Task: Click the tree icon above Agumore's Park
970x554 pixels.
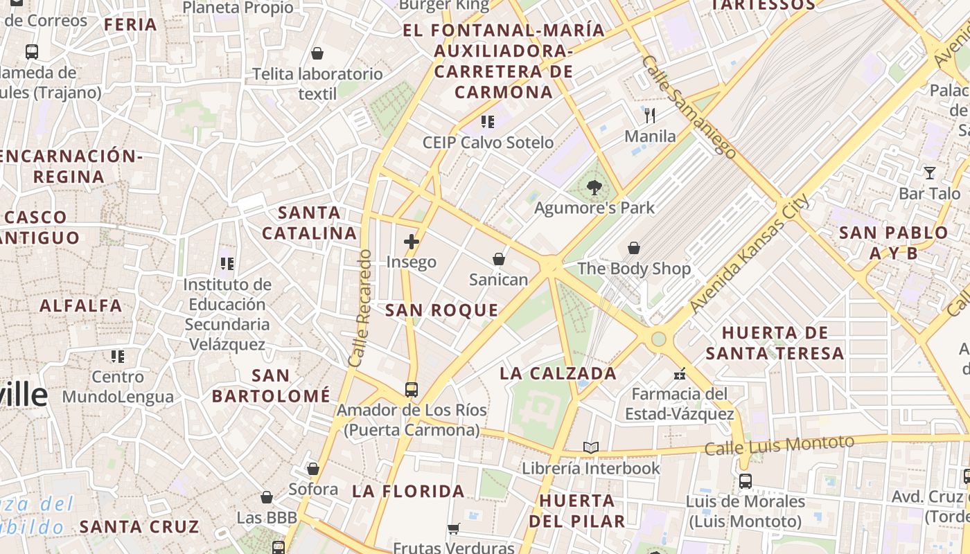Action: click(x=594, y=187)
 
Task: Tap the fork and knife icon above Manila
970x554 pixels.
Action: click(x=650, y=115)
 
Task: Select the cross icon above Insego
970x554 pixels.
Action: click(x=412, y=242)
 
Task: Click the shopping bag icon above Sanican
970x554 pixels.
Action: click(x=498, y=259)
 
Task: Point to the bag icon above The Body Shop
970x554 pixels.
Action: click(x=633, y=248)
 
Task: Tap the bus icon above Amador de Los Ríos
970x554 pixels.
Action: click(x=412, y=389)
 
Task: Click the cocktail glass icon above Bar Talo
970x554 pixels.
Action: click(x=930, y=173)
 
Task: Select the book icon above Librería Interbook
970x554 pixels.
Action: click(x=590, y=448)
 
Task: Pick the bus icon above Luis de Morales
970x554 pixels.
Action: click(x=746, y=481)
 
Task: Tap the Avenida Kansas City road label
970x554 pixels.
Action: click(x=750, y=254)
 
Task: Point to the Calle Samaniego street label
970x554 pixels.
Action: click(x=688, y=107)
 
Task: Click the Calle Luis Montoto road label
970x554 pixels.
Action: click(x=779, y=445)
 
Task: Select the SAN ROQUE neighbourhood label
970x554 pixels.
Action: click(x=441, y=310)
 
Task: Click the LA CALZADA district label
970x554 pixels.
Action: click(x=558, y=373)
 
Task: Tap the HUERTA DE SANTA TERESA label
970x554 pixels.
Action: click(x=775, y=343)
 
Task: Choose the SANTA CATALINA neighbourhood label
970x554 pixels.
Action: click(x=309, y=223)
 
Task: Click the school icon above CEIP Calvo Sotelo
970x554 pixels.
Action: click(x=488, y=122)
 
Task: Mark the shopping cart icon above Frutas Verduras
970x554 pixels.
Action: click(x=454, y=529)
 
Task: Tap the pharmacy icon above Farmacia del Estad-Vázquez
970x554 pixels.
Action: click(x=680, y=374)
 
